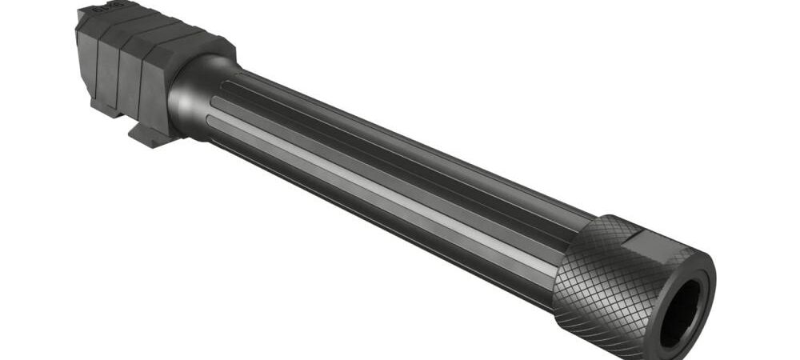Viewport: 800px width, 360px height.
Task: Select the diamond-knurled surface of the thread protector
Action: click(596, 280)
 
